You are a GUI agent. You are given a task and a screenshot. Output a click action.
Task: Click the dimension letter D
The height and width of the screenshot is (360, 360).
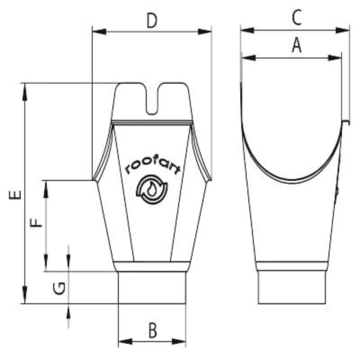152,21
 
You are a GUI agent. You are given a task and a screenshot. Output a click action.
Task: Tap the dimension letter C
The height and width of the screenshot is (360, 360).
296,18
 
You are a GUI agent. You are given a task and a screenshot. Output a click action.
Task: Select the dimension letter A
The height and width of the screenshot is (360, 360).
296,45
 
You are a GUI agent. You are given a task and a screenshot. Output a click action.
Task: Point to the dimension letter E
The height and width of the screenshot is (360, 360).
16,194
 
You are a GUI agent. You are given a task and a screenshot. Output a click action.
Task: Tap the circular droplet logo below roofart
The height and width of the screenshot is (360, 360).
152,189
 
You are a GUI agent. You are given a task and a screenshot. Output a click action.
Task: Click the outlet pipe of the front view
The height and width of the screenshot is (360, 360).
152,288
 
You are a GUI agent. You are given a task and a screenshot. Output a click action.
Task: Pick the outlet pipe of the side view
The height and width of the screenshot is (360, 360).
292,288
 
